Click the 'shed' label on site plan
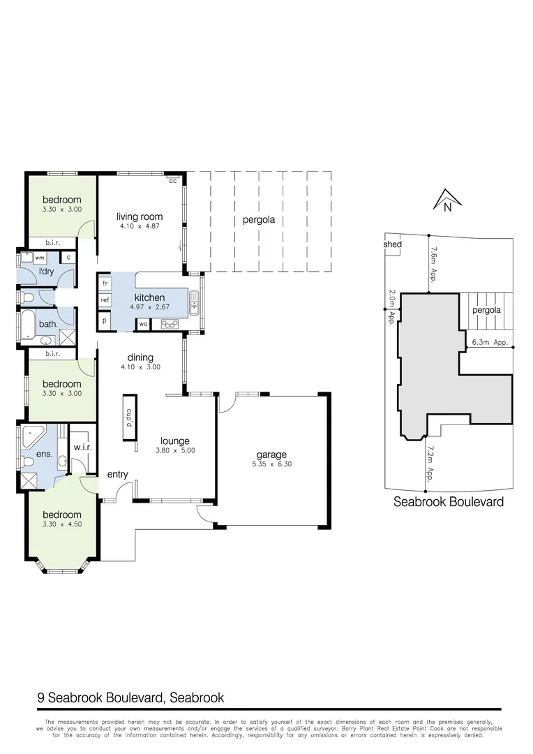pos(393,245)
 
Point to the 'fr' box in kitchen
pos(105,283)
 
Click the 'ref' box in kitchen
pos(105,300)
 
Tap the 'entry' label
pos(117,475)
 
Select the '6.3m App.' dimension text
pos(488,343)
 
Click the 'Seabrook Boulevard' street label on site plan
pos(449,501)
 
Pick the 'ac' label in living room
pos(172,181)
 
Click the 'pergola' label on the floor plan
pos(259,219)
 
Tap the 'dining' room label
pos(140,357)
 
